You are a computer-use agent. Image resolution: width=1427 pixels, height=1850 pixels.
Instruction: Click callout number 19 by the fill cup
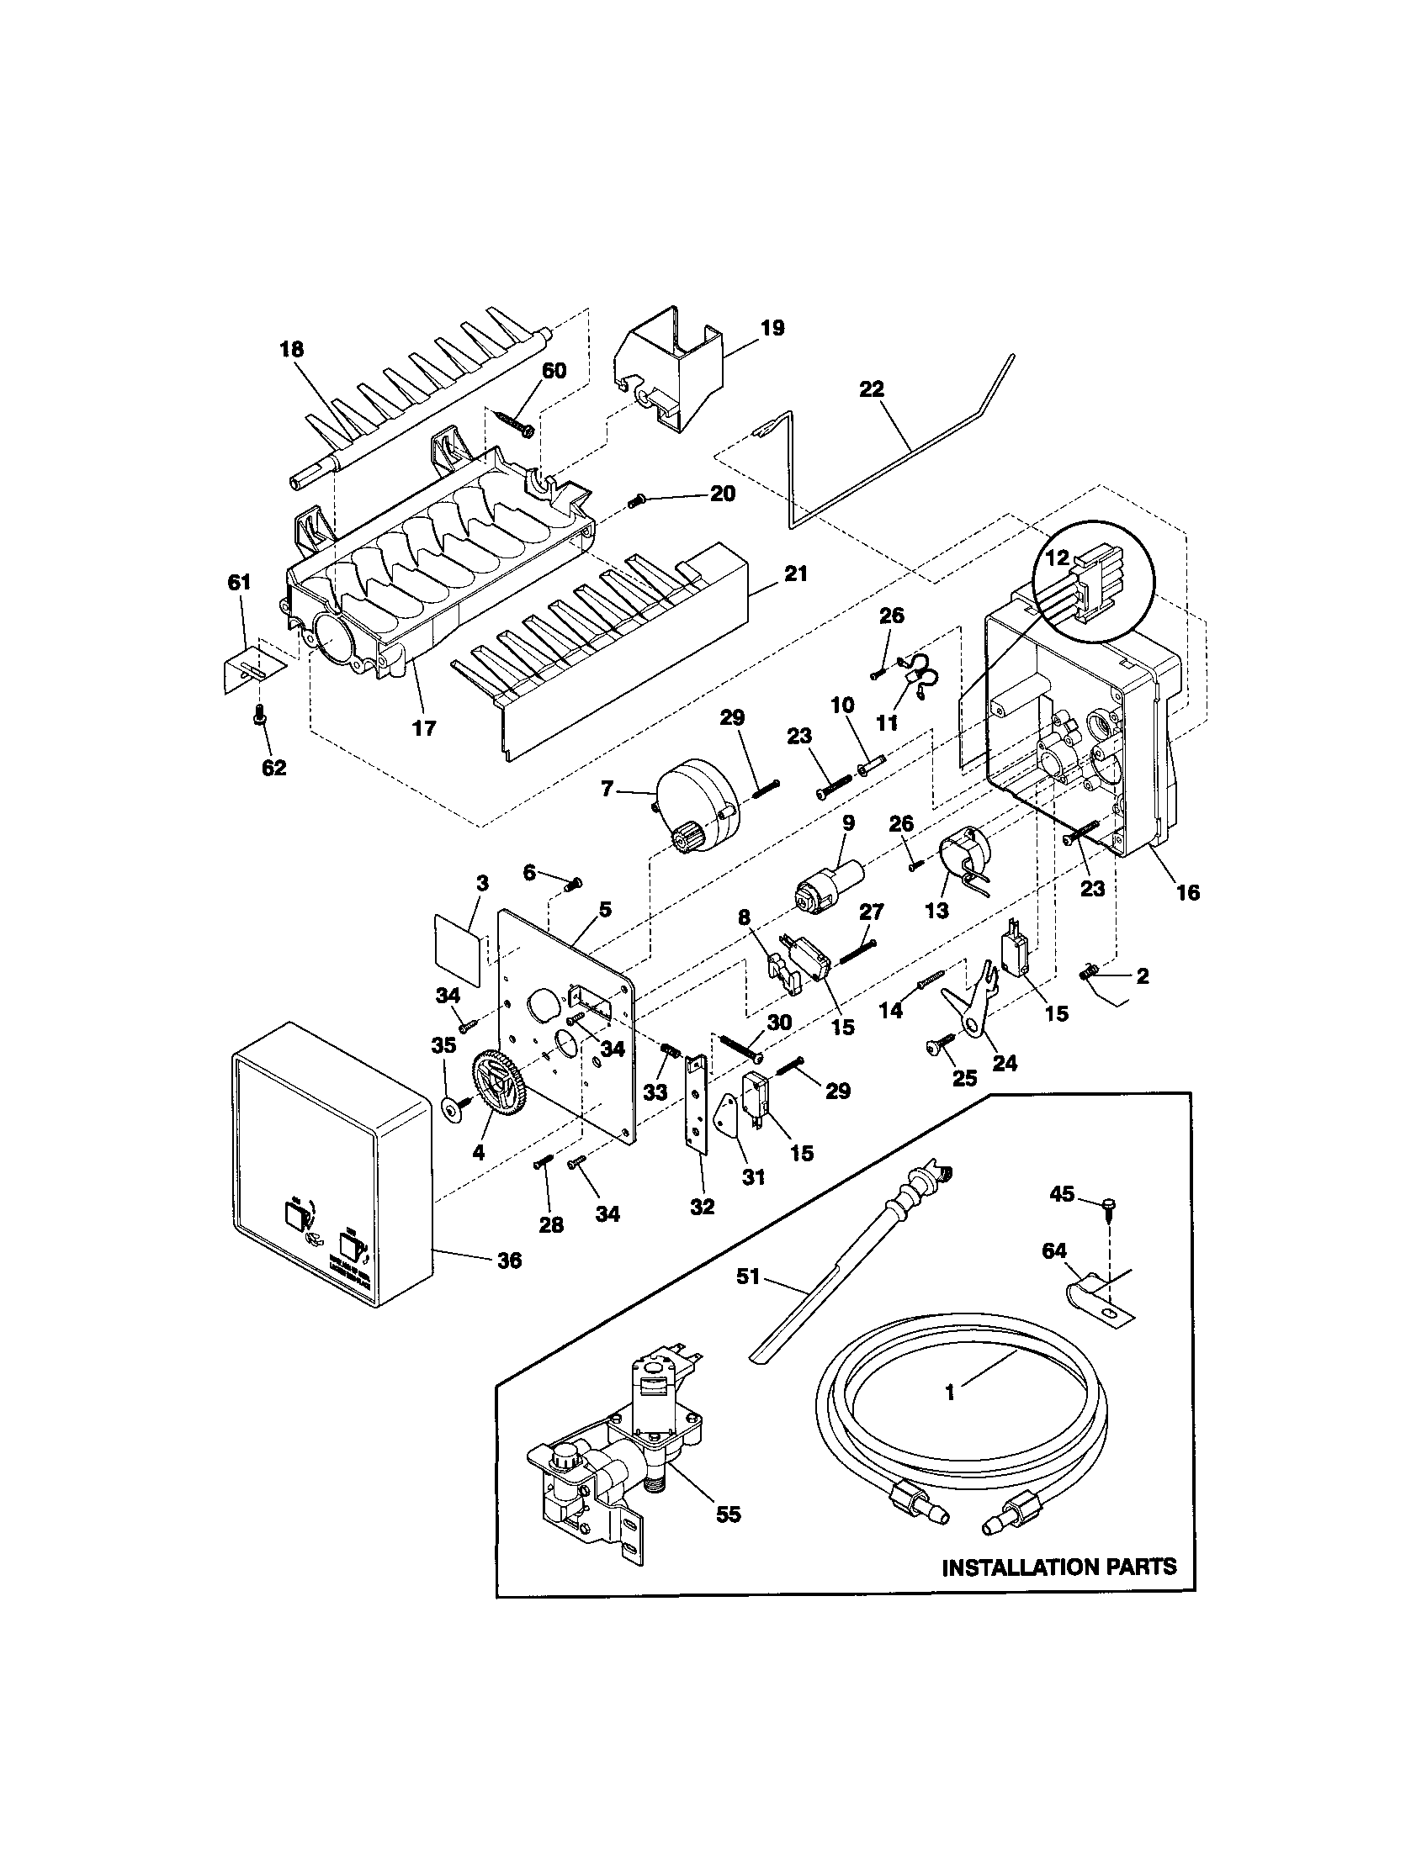[x=772, y=328]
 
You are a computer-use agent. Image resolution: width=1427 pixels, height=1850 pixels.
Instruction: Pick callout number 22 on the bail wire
[x=871, y=388]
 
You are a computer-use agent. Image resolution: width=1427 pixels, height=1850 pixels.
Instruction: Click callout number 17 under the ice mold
[x=424, y=727]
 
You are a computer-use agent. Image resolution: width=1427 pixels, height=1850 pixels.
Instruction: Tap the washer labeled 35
[x=449, y=1107]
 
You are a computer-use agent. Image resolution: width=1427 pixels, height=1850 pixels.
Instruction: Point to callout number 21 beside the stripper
[x=795, y=573]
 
